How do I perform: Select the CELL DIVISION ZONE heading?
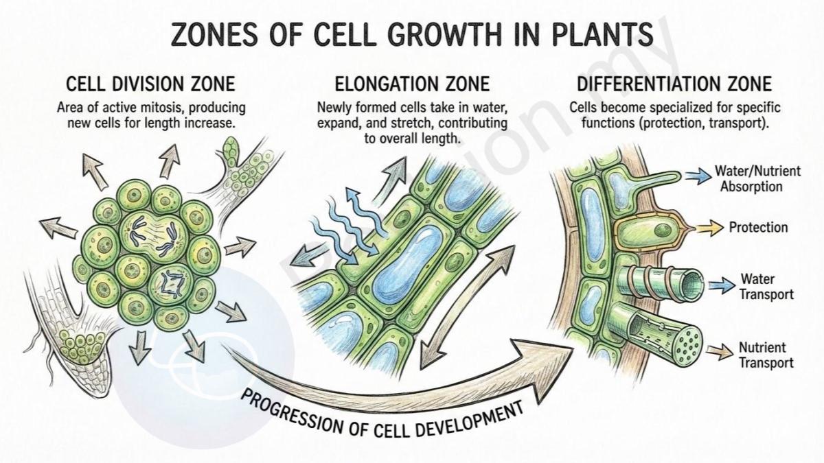point(150,84)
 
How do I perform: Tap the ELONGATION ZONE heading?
point(412,84)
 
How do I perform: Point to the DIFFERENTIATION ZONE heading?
point(674,84)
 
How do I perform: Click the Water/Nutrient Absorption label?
point(757,178)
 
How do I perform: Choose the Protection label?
point(759,228)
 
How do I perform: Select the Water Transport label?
point(767,287)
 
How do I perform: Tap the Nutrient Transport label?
point(766,355)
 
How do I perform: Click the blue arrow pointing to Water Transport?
point(722,285)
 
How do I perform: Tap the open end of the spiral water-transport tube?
point(692,285)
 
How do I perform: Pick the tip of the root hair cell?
point(677,176)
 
